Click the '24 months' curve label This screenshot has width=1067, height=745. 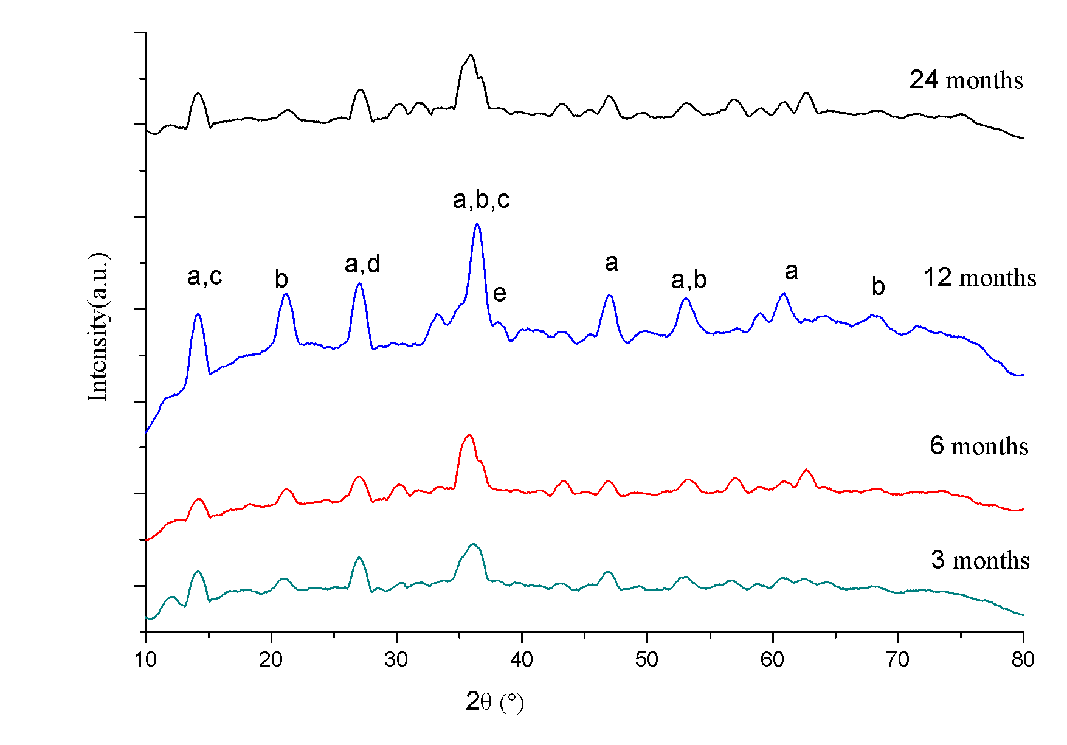(966, 80)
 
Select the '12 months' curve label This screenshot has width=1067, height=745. (979, 277)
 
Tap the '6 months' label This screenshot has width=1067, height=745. (979, 446)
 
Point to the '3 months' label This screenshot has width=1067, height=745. (980, 560)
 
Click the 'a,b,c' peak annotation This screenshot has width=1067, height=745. (481, 199)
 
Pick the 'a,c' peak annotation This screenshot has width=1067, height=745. (204, 276)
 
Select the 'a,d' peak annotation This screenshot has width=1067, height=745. (362, 264)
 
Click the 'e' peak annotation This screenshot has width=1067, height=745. (499, 294)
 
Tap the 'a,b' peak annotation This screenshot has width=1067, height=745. (689, 280)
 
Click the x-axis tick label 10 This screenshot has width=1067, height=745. (146, 659)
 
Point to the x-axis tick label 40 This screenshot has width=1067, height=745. (522, 659)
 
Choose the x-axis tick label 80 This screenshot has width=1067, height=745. (1023, 659)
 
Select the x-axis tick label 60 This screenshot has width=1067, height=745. (772, 659)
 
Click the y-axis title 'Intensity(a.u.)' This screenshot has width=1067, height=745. (98, 327)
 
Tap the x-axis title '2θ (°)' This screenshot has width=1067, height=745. (494, 702)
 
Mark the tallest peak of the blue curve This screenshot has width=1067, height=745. (477, 224)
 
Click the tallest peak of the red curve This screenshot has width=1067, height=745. (468, 435)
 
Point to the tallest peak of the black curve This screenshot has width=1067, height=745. (470, 55)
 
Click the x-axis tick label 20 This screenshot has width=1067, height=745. (271, 659)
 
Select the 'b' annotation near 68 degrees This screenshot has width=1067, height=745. (878, 286)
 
